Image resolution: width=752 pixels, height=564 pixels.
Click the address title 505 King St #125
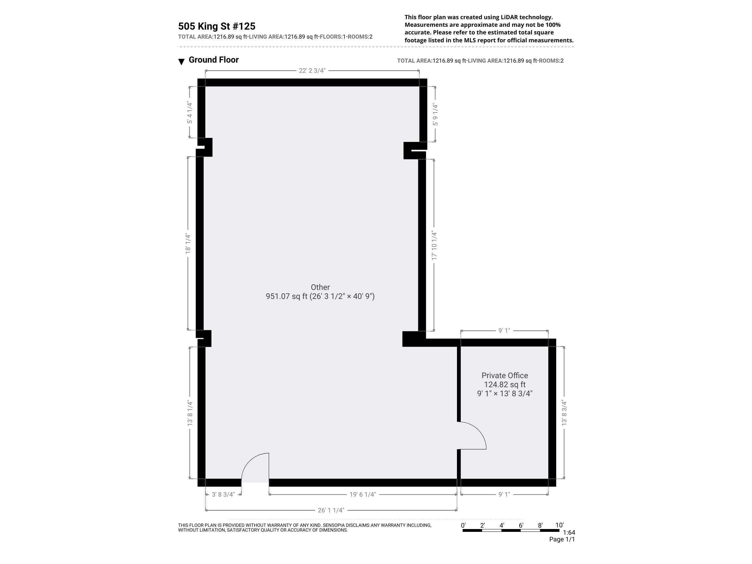point(217,26)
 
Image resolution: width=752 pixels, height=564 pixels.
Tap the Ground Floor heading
point(214,60)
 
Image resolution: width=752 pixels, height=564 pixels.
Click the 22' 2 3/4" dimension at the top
point(312,71)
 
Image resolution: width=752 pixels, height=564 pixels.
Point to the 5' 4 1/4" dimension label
point(189,113)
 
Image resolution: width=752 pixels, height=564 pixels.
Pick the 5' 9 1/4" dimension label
point(436,114)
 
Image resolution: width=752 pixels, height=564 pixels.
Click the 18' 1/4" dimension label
point(188,243)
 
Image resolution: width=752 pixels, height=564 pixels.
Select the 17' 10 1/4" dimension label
point(434,245)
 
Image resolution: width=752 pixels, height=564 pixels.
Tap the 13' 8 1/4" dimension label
point(190,413)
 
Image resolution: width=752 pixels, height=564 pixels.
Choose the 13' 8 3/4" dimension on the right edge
point(564,413)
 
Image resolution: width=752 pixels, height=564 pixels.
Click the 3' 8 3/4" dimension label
point(223,494)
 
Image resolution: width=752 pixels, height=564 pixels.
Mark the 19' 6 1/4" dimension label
point(362,494)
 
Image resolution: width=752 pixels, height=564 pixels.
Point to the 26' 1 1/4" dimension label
point(331,510)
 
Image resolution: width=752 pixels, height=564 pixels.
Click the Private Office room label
point(505,376)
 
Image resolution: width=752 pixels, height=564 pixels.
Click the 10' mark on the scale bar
point(559,525)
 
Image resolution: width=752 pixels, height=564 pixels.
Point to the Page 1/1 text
point(562,539)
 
